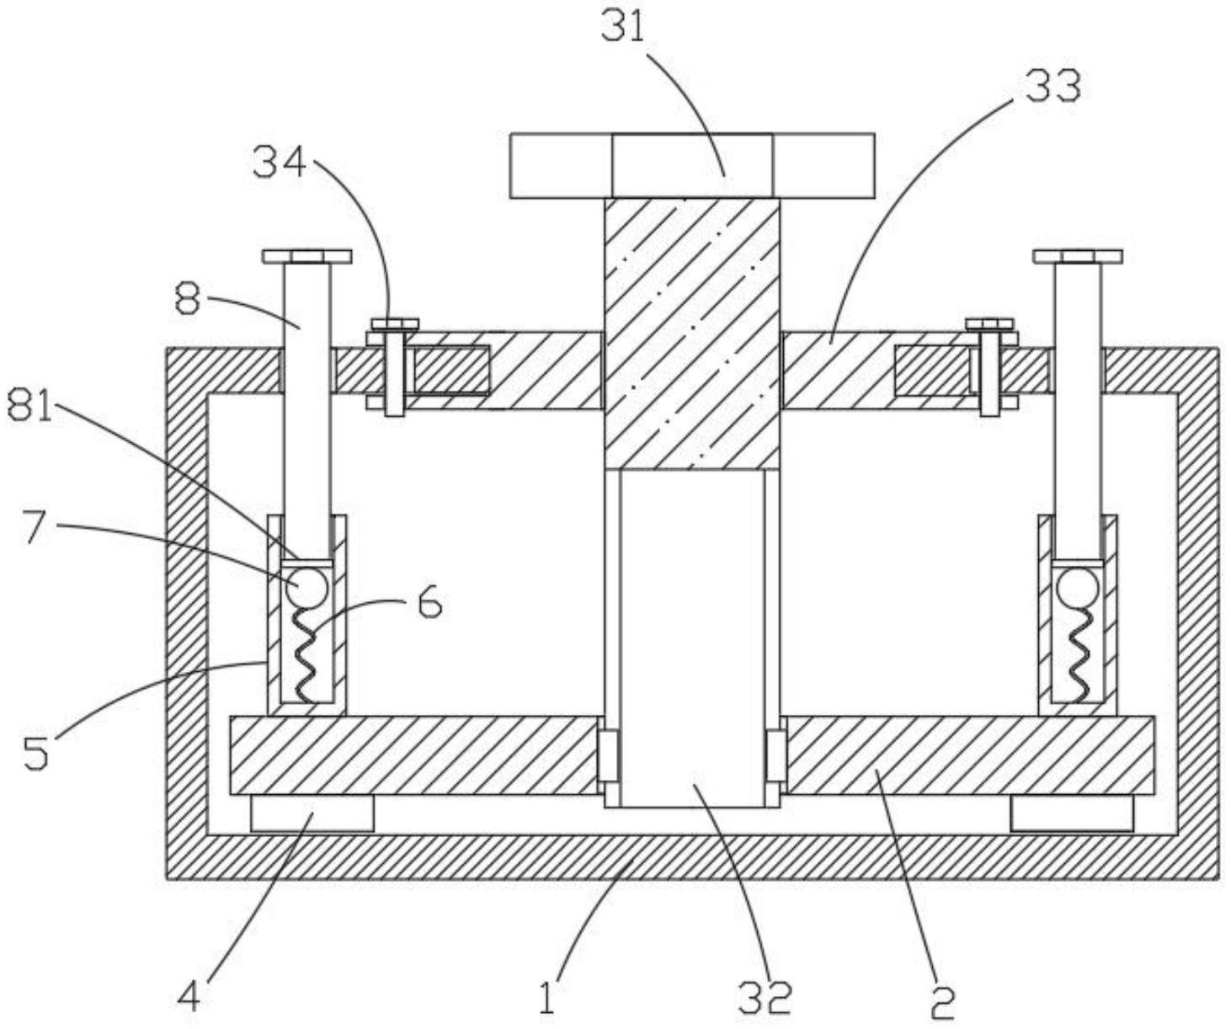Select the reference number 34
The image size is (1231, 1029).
coord(280,163)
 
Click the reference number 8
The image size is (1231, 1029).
coord(188,300)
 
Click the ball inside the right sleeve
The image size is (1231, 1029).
coord(1077,587)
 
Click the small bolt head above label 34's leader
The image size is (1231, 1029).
coord(395,324)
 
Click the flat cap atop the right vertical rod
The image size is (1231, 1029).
coord(1078,257)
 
